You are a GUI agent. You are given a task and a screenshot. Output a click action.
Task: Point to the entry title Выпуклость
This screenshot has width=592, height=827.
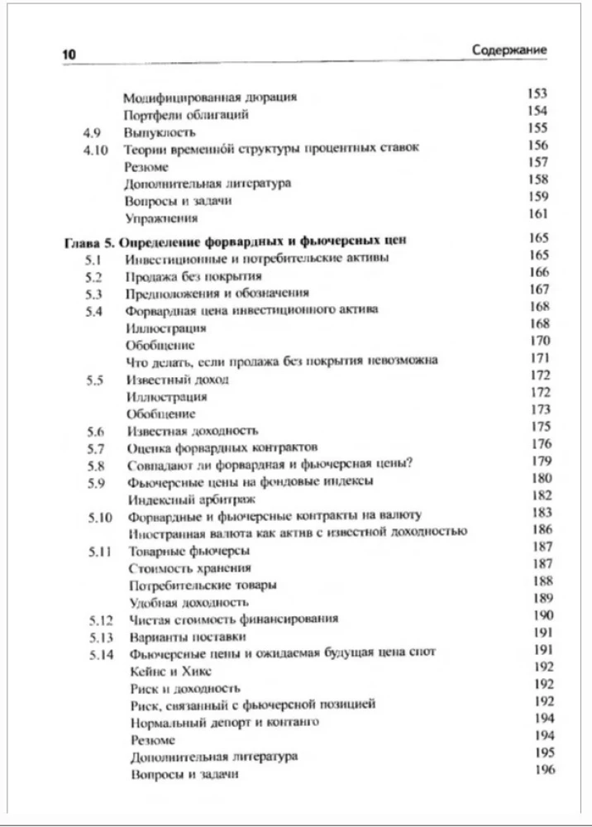(160, 131)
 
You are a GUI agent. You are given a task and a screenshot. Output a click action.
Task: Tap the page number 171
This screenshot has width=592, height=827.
(540, 358)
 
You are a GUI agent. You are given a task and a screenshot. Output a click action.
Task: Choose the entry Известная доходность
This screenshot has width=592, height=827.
(192, 430)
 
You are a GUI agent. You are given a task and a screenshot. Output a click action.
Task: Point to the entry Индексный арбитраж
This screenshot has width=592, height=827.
(191, 500)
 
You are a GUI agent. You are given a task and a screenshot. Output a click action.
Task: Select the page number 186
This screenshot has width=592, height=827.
(542, 529)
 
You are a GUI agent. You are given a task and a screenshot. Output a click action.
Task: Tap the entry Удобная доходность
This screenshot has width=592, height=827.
(188, 601)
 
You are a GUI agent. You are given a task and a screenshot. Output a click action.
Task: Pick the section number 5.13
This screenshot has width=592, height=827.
(99, 636)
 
